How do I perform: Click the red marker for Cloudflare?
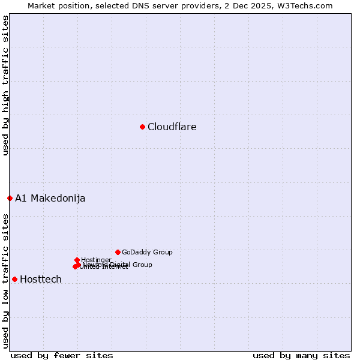pos(142,127)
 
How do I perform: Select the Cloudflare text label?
pos(172,127)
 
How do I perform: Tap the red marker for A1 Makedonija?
pos(10,198)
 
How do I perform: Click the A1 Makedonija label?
pos(50,198)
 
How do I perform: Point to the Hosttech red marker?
pos(14,279)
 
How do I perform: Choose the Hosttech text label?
pos(41,279)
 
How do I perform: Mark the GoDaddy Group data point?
pos(118,252)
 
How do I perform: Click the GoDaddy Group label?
pos(147,252)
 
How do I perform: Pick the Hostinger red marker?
pos(77,260)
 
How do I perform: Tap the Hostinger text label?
pos(96,260)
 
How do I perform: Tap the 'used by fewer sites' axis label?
pos(62,355)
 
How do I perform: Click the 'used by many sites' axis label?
pos(301,355)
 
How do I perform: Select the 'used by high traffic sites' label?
pos(6,85)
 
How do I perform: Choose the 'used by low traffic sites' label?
pos(6,280)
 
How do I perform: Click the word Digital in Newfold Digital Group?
pos(120,265)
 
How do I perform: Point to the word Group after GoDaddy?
pos(162,252)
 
